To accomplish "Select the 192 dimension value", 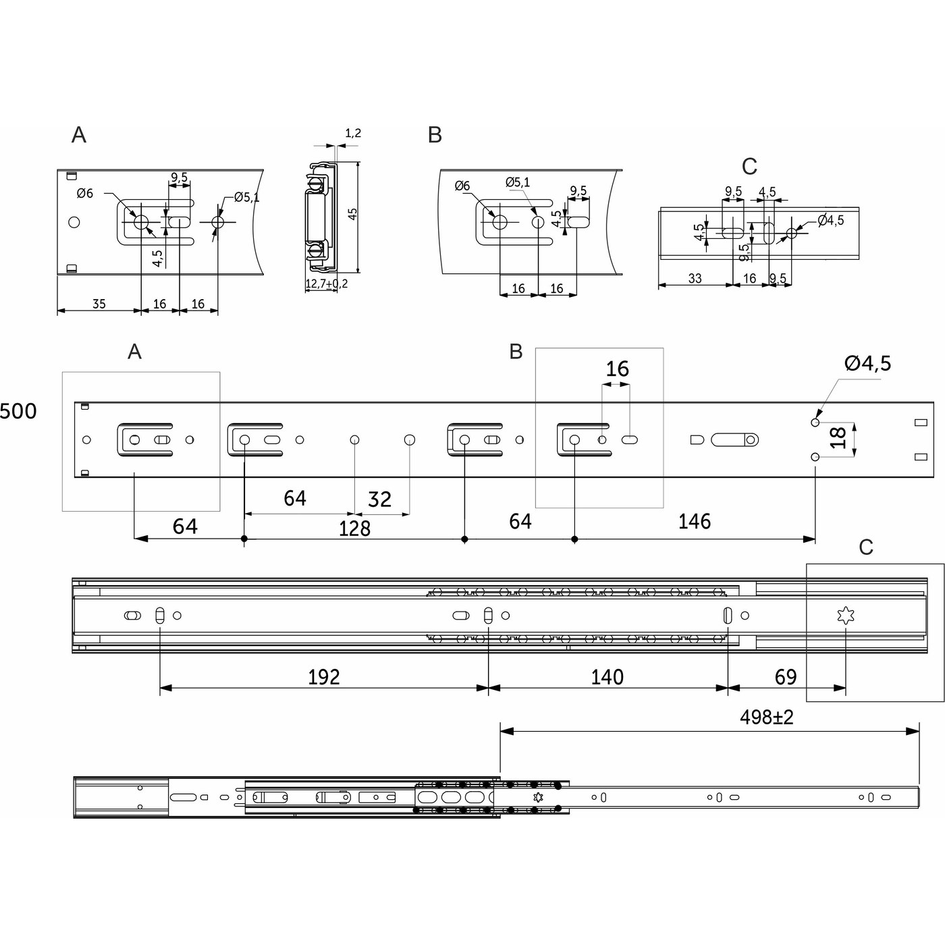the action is click(324, 677).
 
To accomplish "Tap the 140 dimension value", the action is click(607, 677).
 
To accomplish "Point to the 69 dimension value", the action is click(786, 677).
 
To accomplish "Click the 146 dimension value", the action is click(695, 521).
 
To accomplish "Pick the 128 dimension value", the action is click(354, 529).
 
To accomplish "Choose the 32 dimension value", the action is click(379, 500).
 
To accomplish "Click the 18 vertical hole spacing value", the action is click(840, 437).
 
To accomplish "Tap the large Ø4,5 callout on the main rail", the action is click(867, 363).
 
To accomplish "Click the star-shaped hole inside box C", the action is click(846, 616).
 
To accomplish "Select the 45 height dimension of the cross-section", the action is click(352, 214).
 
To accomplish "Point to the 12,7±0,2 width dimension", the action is click(327, 283).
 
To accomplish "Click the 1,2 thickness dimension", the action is click(353, 133).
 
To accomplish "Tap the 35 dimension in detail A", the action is click(99, 304).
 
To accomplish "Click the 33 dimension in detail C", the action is click(695, 278).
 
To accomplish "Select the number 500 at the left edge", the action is click(18, 411).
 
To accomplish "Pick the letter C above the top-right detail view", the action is click(750, 167).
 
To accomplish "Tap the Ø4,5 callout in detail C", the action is click(830, 220).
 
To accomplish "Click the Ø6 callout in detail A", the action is click(85, 193).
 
